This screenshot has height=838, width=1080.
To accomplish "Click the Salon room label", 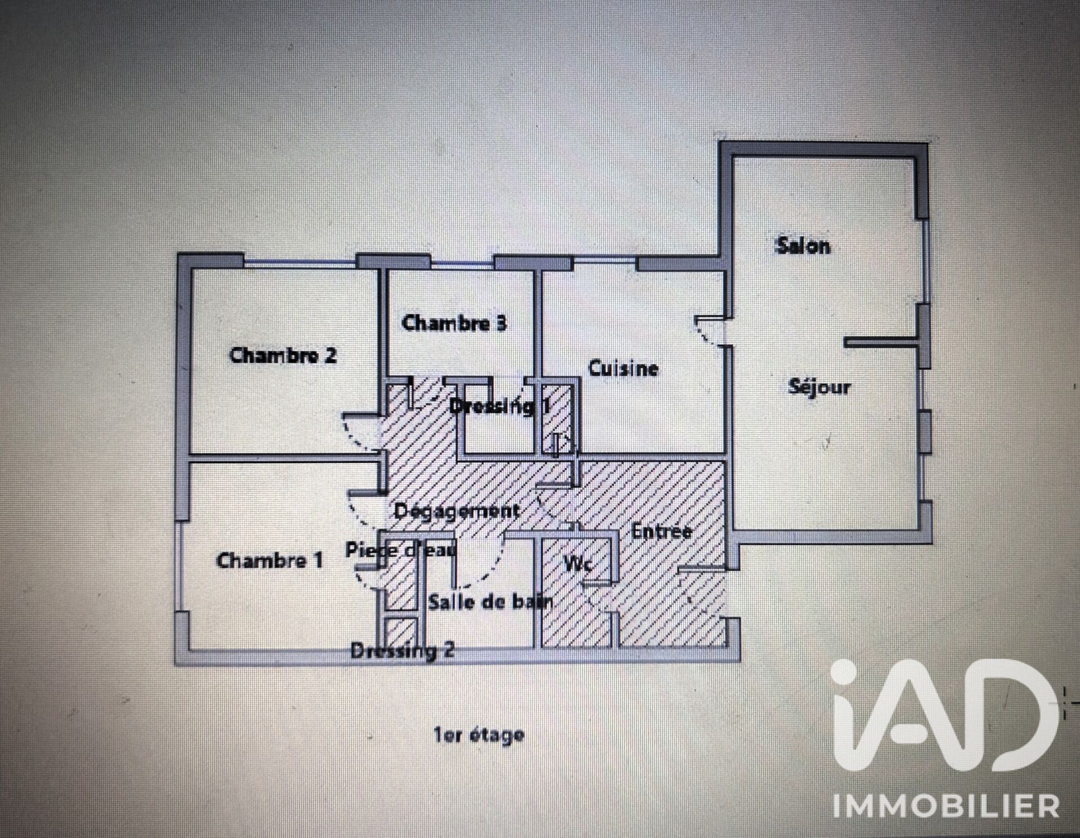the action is pyautogui.click(x=803, y=246).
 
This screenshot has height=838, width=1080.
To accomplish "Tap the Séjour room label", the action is pyautogui.click(x=819, y=386).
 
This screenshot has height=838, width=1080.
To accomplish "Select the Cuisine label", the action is pyautogui.click(x=623, y=368).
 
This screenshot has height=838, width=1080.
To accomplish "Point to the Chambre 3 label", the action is pyautogui.click(x=454, y=323).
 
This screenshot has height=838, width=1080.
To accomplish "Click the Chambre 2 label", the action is pyautogui.click(x=283, y=355).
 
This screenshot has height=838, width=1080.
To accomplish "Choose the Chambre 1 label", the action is pyautogui.click(x=269, y=560).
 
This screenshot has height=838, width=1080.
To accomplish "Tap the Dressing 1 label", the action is pyautogui.click(x=500, y=406).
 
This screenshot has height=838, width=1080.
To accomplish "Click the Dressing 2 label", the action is pyautogui.click(x=402, y=651).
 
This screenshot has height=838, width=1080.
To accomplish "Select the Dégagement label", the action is pyautogui.click(x=457, y=511).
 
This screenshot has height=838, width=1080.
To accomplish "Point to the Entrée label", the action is pyautogui.click(x=661, y=531).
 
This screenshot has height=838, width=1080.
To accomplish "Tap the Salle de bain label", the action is pyautogui.click(x=490, y=602).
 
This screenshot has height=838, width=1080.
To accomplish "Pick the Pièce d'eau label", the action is pyautogui.click(x=400, y=549).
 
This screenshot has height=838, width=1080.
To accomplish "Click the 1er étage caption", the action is pyautogui.click(x=479, y=735).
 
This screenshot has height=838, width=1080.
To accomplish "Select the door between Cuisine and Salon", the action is pyautogui.click(x=710, y=331).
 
